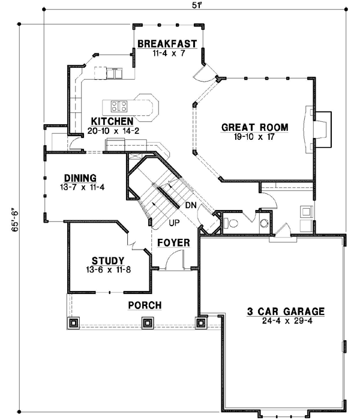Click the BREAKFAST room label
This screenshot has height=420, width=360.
(167, 43)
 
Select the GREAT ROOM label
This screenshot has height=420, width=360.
(255, 127)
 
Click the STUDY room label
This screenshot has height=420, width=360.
(108, 260)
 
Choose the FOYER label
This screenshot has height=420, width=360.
(173, 243)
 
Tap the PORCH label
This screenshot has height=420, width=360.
(145, 305)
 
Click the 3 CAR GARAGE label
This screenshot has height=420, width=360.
(286, 311)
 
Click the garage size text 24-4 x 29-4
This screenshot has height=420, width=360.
(286, 321)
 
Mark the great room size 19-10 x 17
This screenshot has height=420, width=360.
(255, 137)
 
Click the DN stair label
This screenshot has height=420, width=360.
(191, 205)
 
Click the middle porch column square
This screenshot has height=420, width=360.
(146, 323)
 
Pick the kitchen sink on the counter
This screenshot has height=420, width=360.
(112, 73)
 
